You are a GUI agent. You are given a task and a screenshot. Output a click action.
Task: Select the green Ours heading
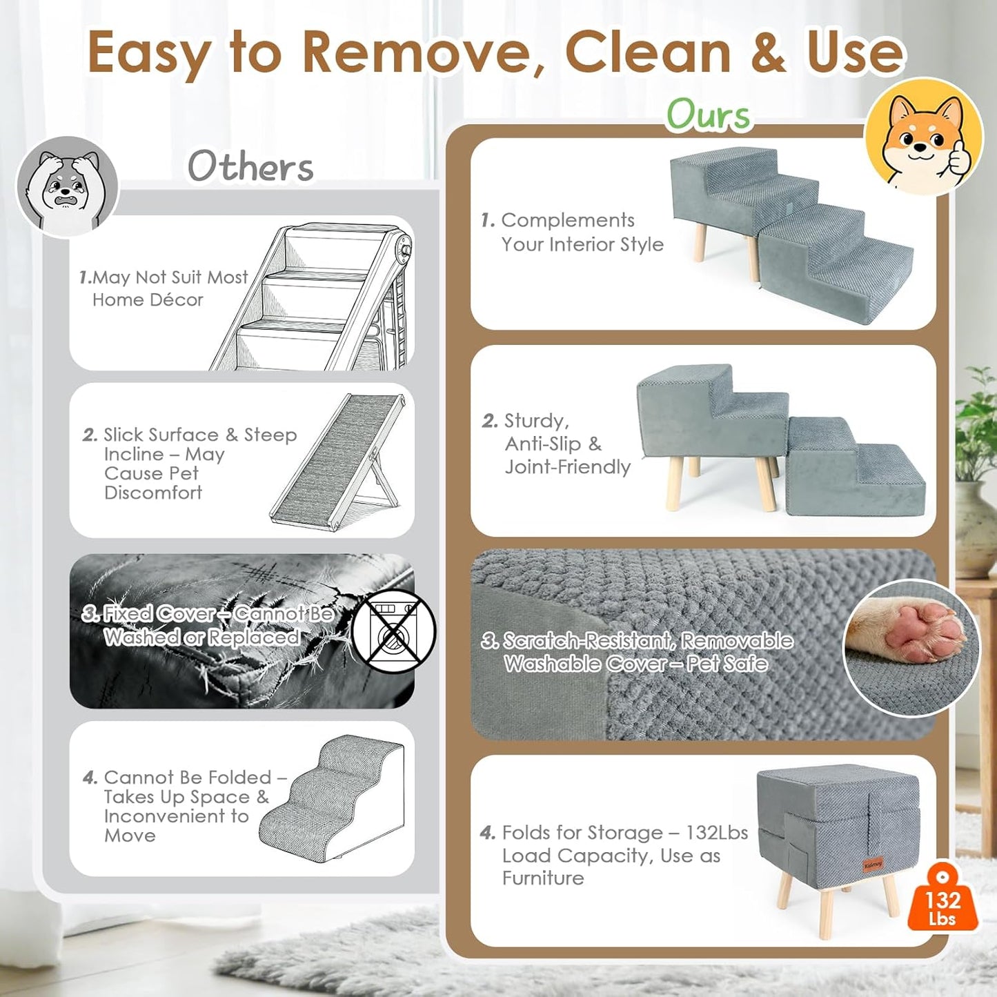pyautogui.click(x=709, y=115)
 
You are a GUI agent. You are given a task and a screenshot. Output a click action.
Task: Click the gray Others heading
pyautogui.click(x=251, y=166)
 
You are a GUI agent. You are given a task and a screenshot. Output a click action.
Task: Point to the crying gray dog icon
pyautogui.click(x=67, y=187)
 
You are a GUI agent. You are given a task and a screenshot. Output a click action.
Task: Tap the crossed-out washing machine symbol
pyautogui.click(x=394, y=631)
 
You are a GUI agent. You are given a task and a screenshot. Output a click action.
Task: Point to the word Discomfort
pyautogui.click(x=153, y=493)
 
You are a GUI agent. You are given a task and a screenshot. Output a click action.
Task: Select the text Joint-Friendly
pyautogui.click(x=568, y=467)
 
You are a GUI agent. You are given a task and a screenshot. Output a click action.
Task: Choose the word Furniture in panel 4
pyautogui.click(x=543, y=878)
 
